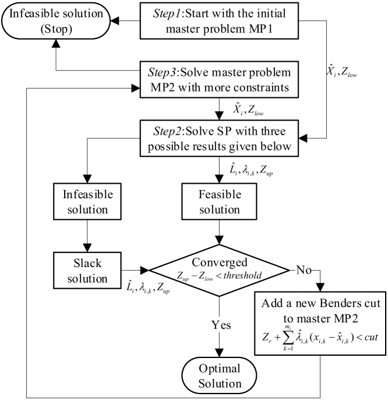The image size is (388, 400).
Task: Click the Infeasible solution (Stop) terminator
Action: point(56,21)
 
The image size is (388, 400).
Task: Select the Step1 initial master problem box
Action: point(219,21)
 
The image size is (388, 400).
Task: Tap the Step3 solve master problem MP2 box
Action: point(219,79)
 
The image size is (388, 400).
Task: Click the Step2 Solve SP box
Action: point(219,138)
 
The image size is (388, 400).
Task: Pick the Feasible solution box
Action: point(219,202)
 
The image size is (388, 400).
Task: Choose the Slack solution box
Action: point(87,271)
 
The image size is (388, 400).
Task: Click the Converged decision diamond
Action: point(219,271)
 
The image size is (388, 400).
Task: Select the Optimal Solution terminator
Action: point(219,376)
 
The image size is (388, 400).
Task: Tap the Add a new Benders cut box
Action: point(320,323)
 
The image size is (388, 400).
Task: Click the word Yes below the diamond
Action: point(221,325)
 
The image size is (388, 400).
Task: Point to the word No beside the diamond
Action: point(304,269)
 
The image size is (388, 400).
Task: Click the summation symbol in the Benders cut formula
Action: point(288,338)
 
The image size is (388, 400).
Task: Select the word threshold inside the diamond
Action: point(242,275)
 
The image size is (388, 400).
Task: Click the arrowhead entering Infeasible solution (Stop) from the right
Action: point(115,21)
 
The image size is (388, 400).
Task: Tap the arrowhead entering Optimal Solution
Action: point(219,353)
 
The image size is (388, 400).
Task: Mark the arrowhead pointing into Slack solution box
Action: point(87,248)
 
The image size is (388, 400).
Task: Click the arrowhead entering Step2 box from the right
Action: point(303,138)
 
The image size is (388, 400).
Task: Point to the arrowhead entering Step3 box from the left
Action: point(136,88)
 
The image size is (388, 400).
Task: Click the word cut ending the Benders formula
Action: point(371,337)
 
